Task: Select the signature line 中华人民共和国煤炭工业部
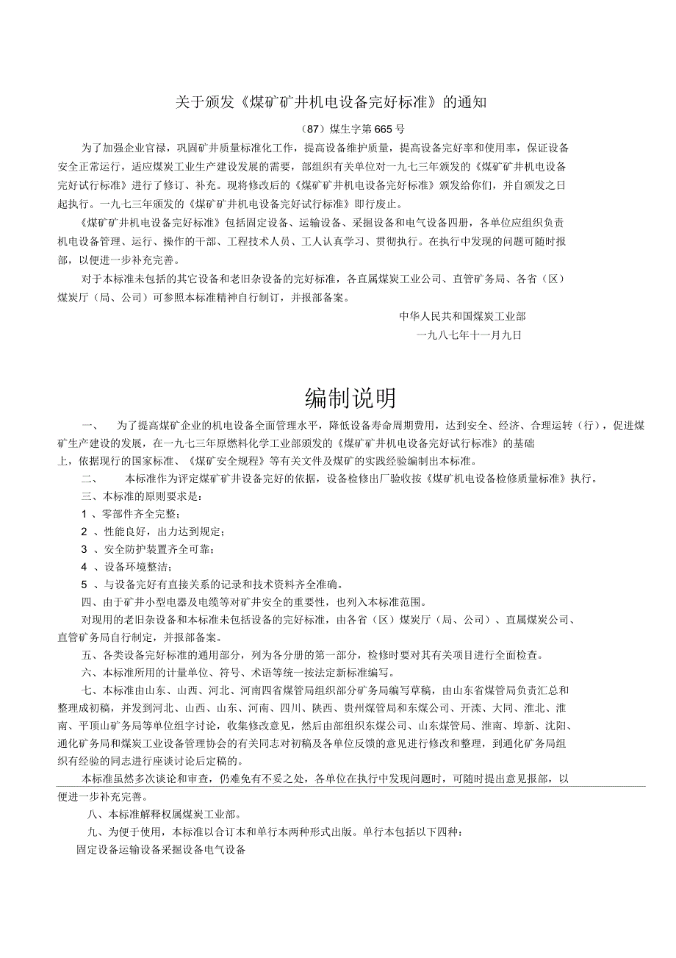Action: point(462,316)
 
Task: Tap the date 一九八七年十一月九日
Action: point(469,334)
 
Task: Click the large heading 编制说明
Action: point(350,398)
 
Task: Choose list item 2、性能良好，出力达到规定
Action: point(152,532)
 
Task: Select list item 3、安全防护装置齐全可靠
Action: point(148,549)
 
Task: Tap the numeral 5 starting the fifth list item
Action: point(84,585)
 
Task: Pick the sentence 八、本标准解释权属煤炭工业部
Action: point(163,814)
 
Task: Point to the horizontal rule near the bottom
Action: point(351,786)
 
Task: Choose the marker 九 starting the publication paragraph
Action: point(92,832)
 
